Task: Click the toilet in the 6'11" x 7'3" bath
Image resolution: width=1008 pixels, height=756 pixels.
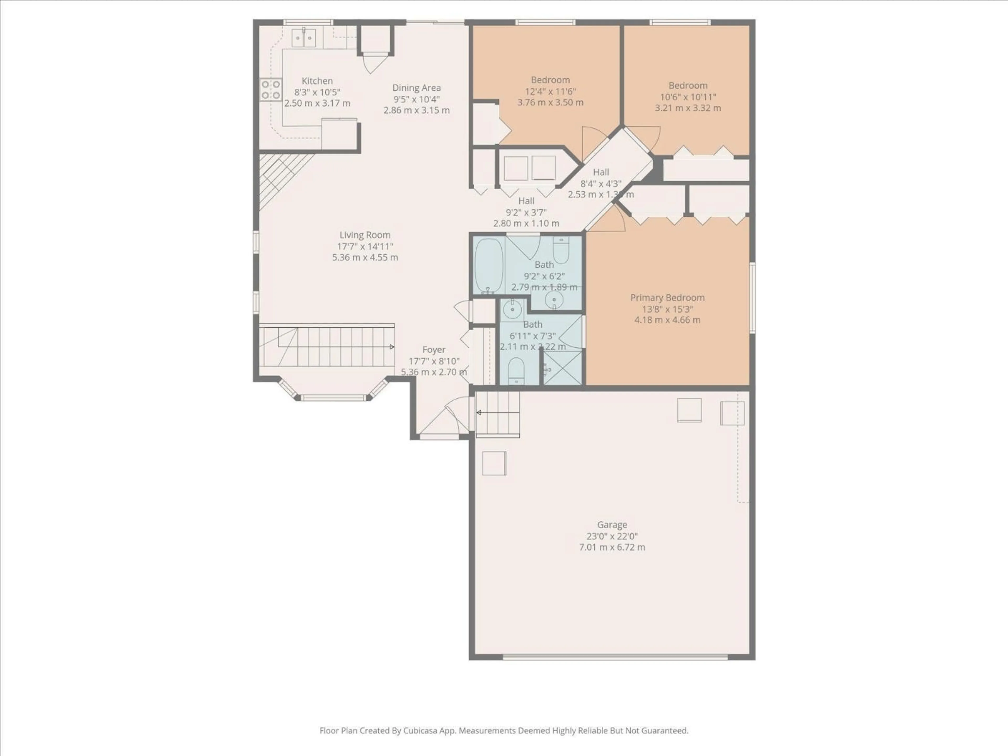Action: [x=516, y=370]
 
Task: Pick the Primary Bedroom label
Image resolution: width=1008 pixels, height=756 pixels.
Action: [x=667, y=298]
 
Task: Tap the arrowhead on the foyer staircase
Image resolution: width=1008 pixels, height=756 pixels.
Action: [x=392, y=347]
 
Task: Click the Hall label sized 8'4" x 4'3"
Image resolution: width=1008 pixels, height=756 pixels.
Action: [x=601, y=172]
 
